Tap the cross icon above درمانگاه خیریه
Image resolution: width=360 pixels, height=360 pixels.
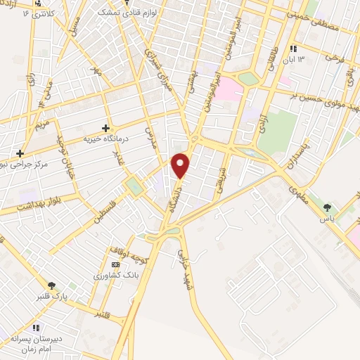pyautogui.click(x=105, y=128)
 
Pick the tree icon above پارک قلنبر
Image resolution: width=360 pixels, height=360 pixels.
pyautogui.click(x=51, y=284)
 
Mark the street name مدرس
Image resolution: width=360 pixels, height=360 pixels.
pyautogui.click(x=150, y=138)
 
